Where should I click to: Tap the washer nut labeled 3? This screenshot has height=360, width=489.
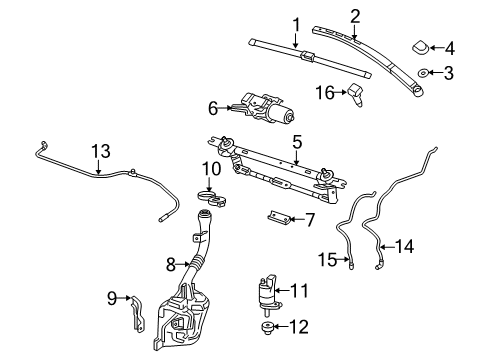point(424,72)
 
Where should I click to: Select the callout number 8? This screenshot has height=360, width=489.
point(170,264)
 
